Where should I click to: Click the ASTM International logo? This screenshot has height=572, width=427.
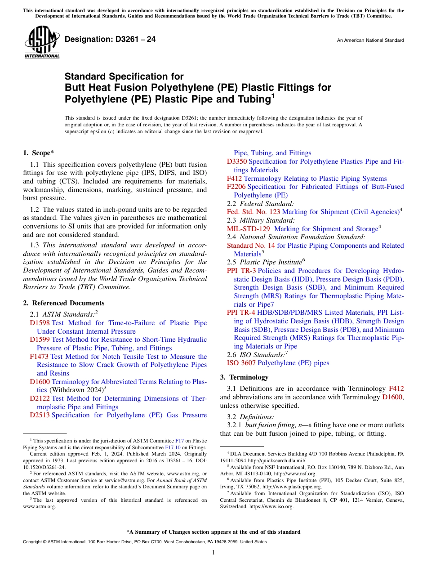pos(42,42)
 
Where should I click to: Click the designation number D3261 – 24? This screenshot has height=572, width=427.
pos(110,39)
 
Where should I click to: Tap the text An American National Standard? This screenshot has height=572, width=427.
pos(370,40)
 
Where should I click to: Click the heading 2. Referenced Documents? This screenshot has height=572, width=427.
pos(64,303)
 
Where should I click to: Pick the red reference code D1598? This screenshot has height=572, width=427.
pos(40,323)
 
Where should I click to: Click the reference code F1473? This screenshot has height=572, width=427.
pos(40,357)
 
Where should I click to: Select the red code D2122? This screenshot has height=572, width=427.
pos(40,398)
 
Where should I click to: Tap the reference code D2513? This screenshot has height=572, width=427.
pos(40,415)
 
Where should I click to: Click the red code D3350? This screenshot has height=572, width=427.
pos(237,161)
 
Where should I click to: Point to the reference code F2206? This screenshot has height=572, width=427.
pos(236,187)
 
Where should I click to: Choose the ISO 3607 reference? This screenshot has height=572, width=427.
pos(238,363)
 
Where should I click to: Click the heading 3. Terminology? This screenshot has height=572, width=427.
pos(244,377)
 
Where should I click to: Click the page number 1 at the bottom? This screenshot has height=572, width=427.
pos(213,552)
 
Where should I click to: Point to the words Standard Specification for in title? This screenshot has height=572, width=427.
pos(124,76)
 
